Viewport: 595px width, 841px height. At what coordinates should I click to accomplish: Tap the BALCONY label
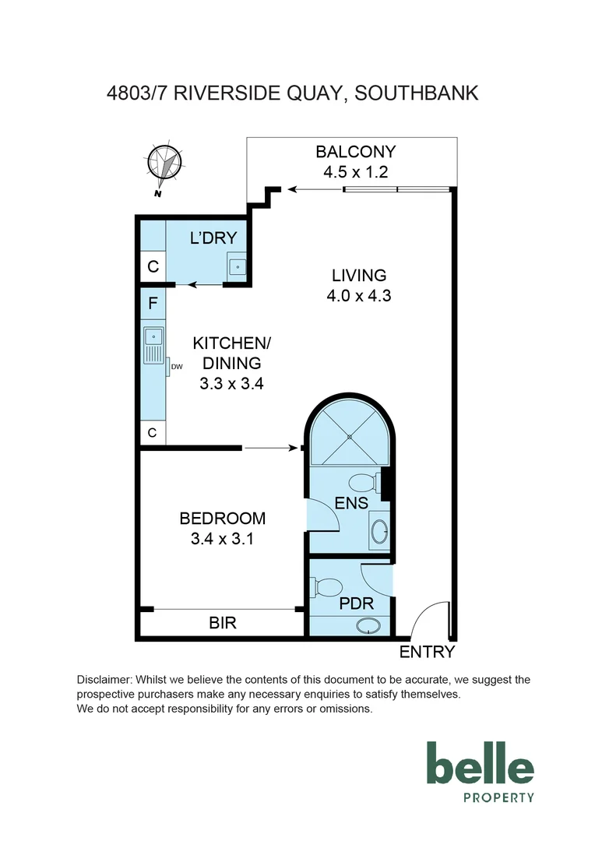(355, 152)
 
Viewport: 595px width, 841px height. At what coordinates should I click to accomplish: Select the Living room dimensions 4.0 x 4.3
(359, 296)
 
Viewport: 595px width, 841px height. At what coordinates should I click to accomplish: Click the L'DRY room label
(213, 238)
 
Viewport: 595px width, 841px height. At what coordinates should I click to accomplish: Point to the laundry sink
(237, 266)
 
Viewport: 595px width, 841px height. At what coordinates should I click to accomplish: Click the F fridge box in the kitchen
(153, 302)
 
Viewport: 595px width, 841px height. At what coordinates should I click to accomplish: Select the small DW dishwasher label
(176, 366)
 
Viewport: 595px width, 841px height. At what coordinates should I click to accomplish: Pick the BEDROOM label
(222, 518)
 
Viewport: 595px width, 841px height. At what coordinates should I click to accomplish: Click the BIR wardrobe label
(222, 623)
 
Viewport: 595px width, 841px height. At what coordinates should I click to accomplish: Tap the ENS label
(350, 503)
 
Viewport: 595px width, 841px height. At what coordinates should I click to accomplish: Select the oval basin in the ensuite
(379, 533)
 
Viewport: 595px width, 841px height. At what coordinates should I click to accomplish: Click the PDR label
(357, 603)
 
